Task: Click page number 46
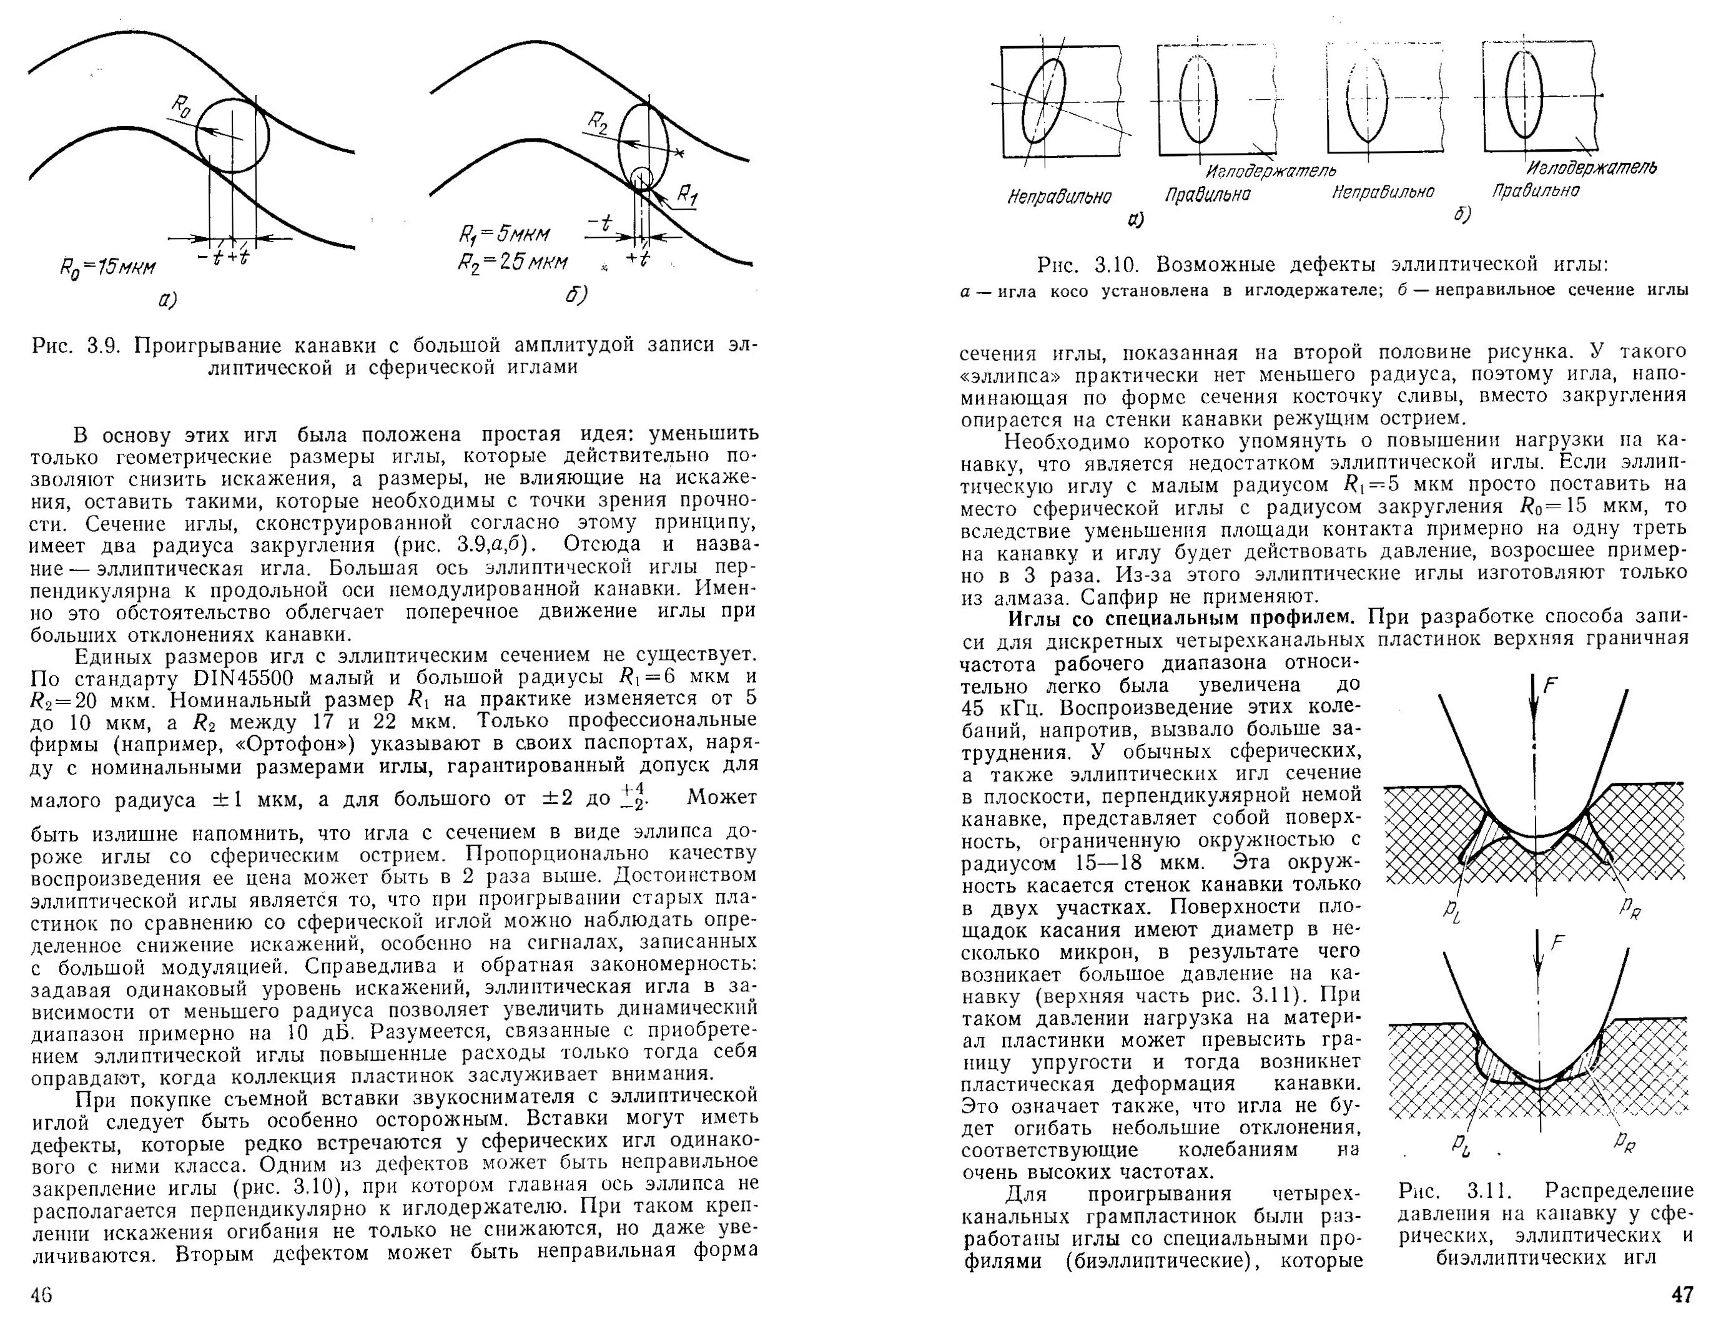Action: (x=41, y=1295)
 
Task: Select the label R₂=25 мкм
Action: (x=512, y=262)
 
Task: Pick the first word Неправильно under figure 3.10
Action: (x=1058, y=197)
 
